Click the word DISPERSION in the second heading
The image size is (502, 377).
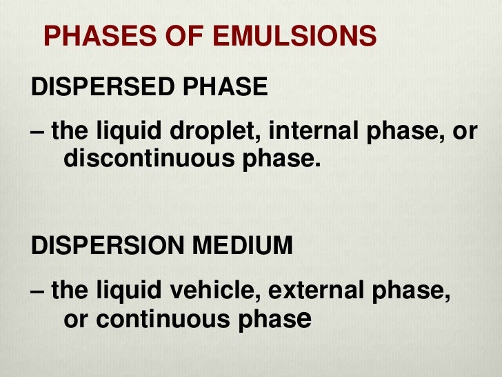tap(108, 246)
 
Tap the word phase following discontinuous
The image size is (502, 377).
tap(288, 160)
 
